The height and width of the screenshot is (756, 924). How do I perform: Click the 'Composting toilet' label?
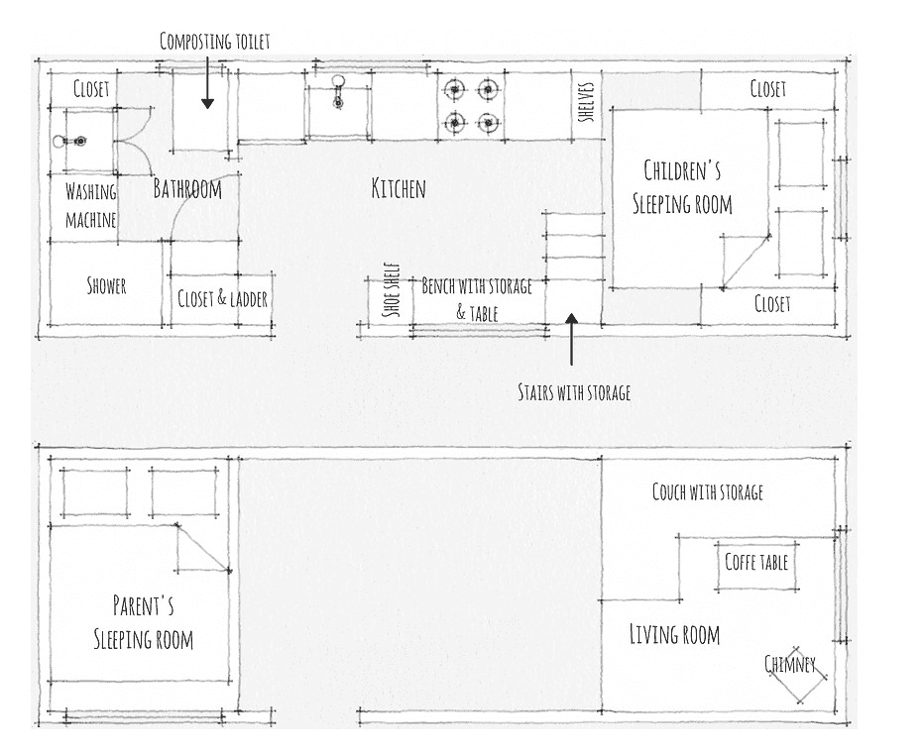(x=214, y=41)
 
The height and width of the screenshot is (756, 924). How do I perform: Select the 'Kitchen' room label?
(x=399, y=188)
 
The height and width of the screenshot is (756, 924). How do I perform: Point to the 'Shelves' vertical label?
(x=586, y=100)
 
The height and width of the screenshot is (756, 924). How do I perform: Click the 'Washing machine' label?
(x=91, y=205)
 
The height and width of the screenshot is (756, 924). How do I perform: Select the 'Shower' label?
(x=106, y=286)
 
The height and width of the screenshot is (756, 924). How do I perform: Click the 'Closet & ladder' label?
(x=222, y=298)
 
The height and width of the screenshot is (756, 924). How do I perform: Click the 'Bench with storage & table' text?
(x=477, y=298)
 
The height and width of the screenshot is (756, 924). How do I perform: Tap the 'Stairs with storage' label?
(x=574, y=392)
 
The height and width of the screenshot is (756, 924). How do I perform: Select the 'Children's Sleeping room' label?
(x=682, y=187)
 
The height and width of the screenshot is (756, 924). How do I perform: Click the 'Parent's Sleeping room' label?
(x=144, y=621)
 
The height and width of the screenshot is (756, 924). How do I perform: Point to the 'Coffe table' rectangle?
(x=756, y=563)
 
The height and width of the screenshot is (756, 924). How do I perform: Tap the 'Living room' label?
(x=674, y=634)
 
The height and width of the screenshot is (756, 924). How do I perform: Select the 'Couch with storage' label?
(x=708, y=491)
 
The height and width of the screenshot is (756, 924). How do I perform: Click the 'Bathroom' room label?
(x=187, y=188)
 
